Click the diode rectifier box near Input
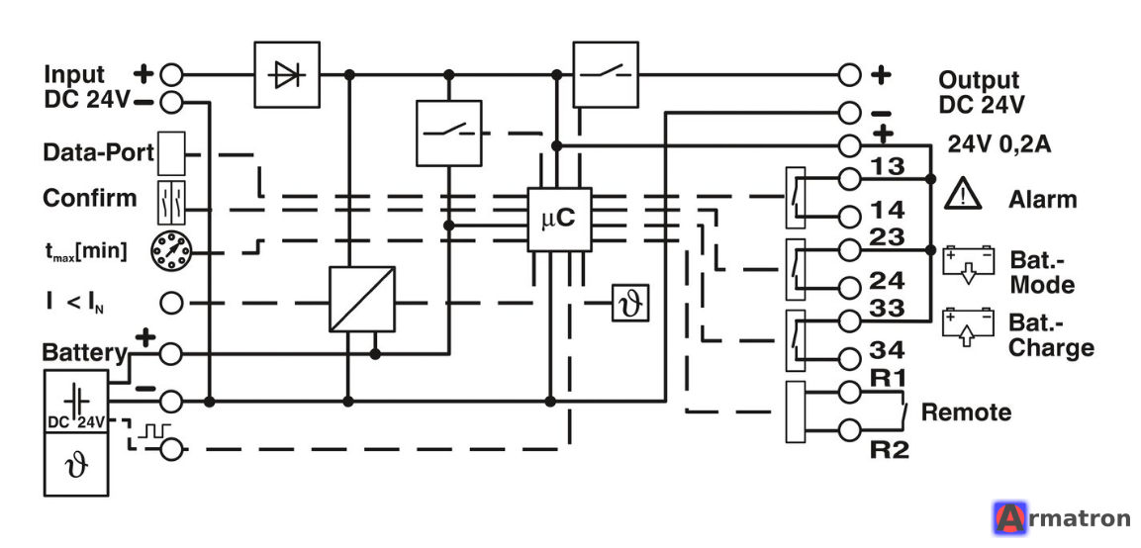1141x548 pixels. [x=287, y=74]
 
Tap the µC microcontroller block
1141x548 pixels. [x=559, y=220]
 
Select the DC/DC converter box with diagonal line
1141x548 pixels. [x=362, y=299]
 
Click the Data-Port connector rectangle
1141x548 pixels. [x=172, y=153]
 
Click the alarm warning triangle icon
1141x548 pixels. [x=964, y=193]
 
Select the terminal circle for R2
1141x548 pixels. [x=849, y=429]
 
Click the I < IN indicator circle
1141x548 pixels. [x=171, y=303]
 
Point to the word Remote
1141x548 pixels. [x=967, y=412]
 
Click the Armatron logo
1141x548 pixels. [x=1062, y=518]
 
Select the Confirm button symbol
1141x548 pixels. [x=172, y=202]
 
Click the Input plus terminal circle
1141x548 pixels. [x=171, y=74]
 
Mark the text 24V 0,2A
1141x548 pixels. [x=999, y=144]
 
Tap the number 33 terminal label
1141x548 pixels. [x=887, y=308]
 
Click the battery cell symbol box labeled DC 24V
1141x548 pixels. [x=77, y=401]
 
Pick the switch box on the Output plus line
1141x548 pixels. [x=606, y=74]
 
